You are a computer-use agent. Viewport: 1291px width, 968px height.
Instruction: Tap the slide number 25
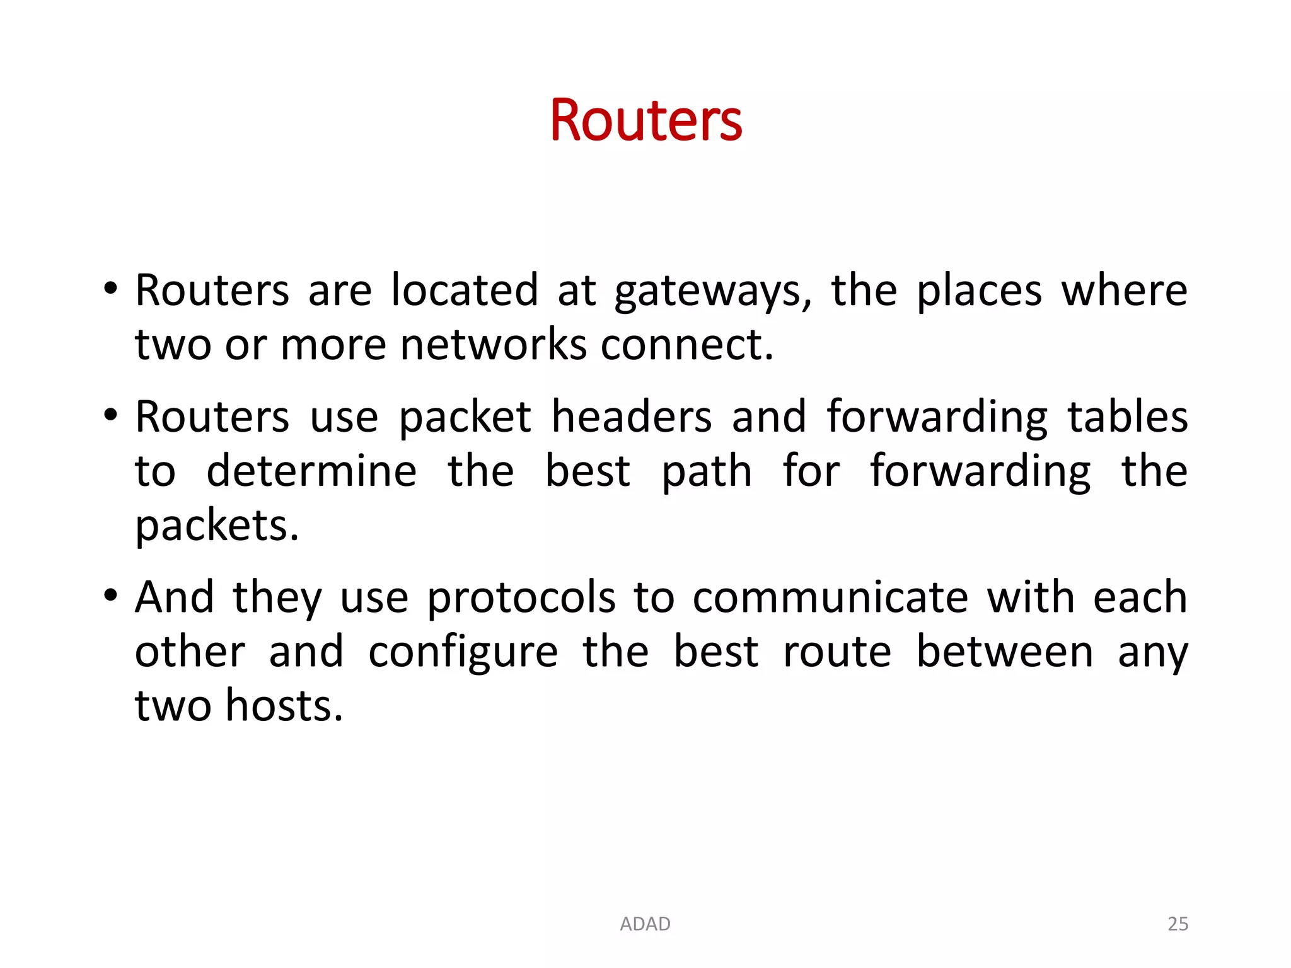click(x=1178, y=924)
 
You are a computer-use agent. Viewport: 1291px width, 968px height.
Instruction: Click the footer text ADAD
click(x=645, y=924)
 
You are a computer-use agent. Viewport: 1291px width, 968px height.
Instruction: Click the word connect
click(x=686, y=345)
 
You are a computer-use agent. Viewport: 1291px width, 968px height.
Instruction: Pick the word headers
click(x=632, y=417)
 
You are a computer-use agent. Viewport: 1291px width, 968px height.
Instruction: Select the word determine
click(x=311, y=471)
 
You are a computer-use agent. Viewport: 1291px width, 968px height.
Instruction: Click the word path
click(x=707, y=473)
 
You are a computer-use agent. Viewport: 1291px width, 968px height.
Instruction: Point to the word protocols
click(x=521, y=599)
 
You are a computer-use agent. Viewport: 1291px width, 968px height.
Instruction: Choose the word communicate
click(x=830, y=597)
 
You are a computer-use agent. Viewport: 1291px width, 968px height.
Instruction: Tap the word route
click(x=837, y=652)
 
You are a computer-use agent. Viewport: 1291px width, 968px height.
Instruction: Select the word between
click(x=1005, y=652)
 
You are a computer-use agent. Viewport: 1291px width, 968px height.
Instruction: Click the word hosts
click(x=284, y=706)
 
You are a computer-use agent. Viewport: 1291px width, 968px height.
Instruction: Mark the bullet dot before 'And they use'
click(x=111, y=595)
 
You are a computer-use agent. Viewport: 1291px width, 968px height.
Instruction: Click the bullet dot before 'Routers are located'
click(x=111, y=289)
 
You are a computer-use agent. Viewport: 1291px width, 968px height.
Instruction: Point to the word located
click(x=465, y=291)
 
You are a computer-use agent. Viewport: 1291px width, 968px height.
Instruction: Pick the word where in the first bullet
click(x=1124, y=291)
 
